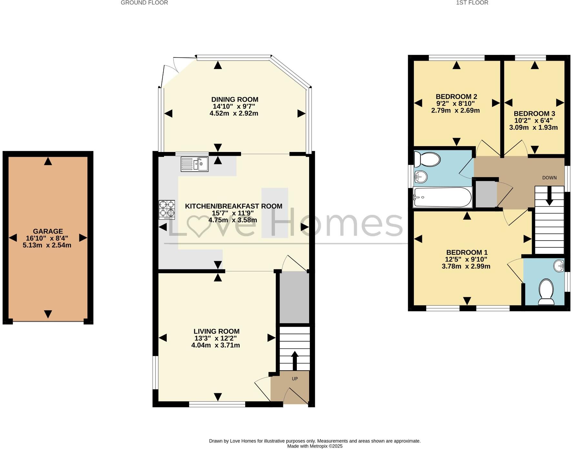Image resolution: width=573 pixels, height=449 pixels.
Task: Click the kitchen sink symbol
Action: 195,164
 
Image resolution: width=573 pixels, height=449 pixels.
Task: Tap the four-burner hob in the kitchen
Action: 167,210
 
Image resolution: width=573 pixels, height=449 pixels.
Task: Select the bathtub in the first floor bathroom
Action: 442,197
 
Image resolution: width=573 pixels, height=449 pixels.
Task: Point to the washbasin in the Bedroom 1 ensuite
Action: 559,266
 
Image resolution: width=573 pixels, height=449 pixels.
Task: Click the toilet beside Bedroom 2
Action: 427,159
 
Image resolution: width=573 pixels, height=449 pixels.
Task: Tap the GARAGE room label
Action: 48,231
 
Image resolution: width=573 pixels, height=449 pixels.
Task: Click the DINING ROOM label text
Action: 235,99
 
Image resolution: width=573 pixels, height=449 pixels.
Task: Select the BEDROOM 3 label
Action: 534,114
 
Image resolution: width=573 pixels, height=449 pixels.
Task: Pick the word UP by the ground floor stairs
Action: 295,379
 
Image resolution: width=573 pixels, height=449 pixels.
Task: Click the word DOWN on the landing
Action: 549,178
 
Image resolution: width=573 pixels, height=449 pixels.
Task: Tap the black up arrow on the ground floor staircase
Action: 295,360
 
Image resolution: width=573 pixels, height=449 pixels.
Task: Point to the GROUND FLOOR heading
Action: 144,3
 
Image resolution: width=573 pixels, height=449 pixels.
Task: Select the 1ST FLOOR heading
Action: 472,3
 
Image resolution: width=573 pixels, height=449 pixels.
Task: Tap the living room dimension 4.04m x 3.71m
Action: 215,345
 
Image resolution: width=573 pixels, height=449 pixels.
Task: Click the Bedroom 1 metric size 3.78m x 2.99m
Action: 466,266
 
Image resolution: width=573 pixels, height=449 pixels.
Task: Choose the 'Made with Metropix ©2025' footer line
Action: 315,446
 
